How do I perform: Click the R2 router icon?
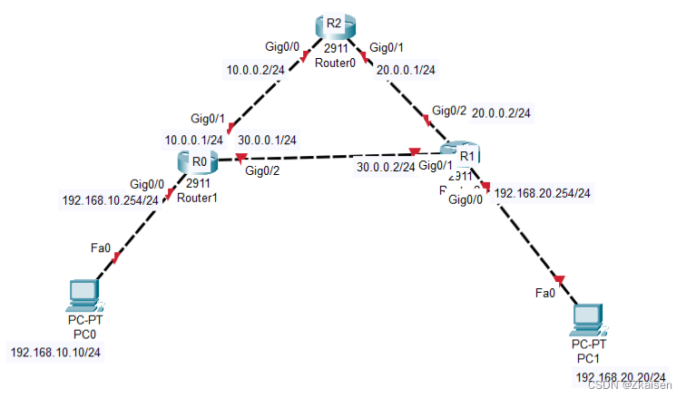[x=333, y=26]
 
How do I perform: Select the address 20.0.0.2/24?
[x=501, y=112]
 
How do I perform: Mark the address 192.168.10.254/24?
[x=110, y=200]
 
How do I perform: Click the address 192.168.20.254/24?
[x=543, y=193]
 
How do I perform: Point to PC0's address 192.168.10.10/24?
[x=56, y=352]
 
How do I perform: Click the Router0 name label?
[x=338, y=63]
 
